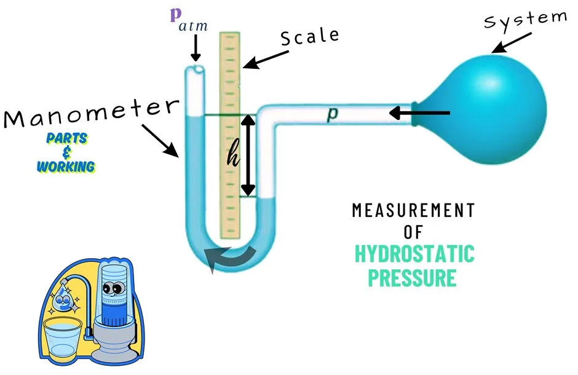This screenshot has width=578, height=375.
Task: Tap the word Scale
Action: (310, 37)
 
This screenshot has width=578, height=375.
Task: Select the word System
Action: (526, 19)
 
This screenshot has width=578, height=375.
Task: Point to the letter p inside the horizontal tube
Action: (332, 114)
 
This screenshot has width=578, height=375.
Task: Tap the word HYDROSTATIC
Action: (414, 254)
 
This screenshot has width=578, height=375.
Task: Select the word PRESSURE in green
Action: (413, 277)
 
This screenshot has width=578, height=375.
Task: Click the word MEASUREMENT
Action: (413, 210)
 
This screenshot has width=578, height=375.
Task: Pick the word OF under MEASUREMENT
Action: (413, 232)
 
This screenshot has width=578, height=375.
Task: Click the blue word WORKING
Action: (66, 167)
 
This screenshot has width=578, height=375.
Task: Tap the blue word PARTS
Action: (67, 138)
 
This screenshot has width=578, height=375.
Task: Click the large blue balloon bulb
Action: (486, 109)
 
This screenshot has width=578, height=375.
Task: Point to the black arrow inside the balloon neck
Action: (419, 112)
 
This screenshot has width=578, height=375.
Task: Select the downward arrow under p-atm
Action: (196, 47)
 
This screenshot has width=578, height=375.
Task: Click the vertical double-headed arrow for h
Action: (248, 155)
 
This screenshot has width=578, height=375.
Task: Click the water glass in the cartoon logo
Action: (62, 337)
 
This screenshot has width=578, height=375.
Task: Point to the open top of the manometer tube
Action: (195, 69)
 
